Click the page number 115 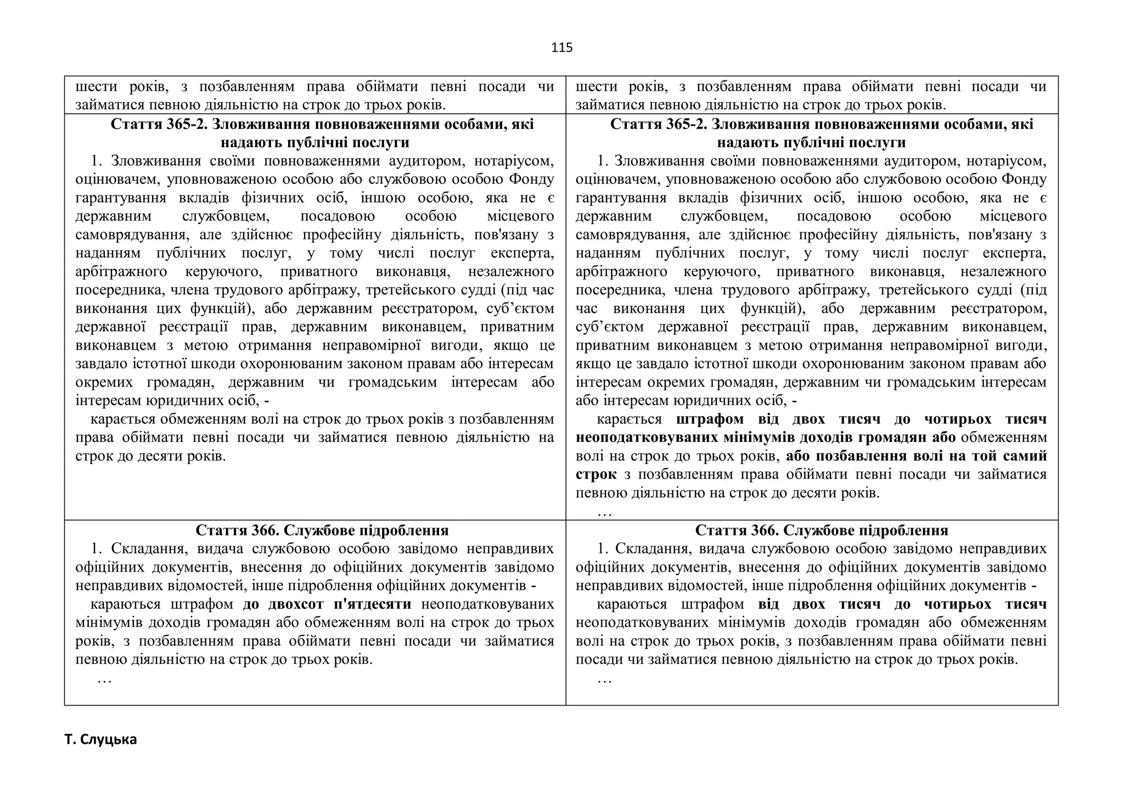click(561, 48)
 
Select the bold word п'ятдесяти click(372, 604)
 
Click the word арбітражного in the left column click(121, 272)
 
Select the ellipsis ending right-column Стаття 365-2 click(604, 512)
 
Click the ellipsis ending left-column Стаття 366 click(104, 679)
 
